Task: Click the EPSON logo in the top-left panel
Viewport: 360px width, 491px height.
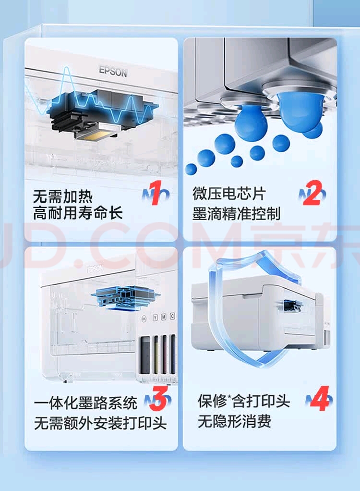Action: point(113,72)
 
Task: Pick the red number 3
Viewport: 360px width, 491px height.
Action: point(158,398)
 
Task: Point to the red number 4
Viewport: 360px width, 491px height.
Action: point(319,398)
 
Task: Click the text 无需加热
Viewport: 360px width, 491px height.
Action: point(63,196)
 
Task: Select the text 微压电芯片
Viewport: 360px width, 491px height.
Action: point(229,194)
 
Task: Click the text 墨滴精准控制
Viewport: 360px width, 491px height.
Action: point(236,214)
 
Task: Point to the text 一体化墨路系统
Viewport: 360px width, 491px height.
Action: point(86,403)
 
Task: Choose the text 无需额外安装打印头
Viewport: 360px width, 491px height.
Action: point(100,423)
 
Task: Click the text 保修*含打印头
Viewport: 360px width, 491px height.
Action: point(244,401)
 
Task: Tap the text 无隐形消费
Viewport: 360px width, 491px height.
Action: point(234,421)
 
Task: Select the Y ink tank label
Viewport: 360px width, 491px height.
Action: point(155,318)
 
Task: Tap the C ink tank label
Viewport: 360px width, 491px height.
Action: point(172,316)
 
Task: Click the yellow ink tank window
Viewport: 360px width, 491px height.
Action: point(156,354)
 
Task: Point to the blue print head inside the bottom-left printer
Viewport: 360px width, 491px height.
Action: point(126,297)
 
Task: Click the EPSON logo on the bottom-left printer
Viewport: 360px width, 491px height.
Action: point(95,269)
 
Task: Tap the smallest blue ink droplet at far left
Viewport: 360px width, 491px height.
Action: point(191,169)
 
